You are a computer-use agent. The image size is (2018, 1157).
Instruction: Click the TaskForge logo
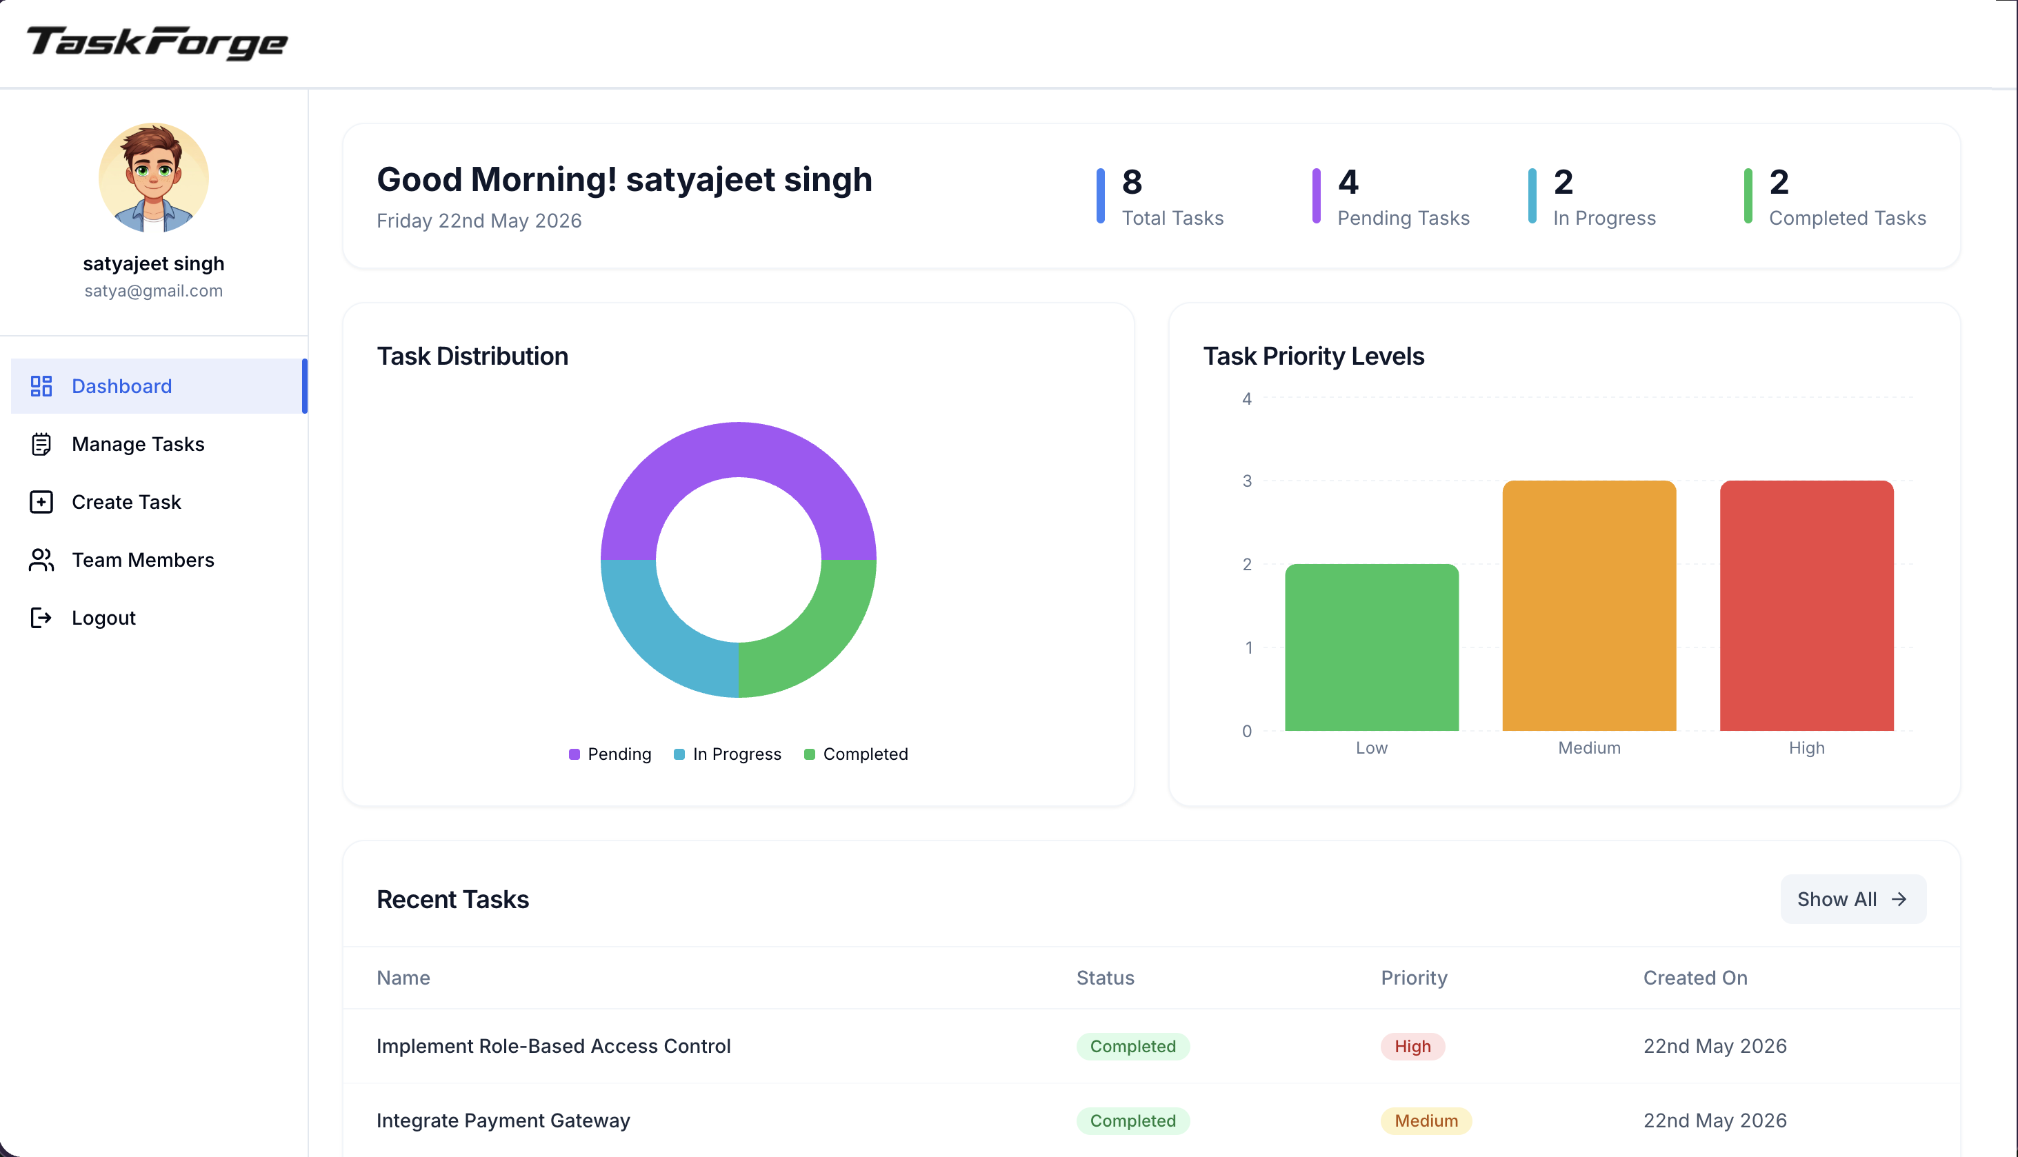pyautogui.click(x=157, y=43)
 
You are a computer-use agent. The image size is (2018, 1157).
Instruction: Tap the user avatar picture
pyautogui.click(x=153, y=177)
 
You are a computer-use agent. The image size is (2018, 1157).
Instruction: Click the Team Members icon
pyautogui.click(x=41, y=560)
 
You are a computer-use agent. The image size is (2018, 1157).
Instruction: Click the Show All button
pyautogui.click(x=1852, y=900)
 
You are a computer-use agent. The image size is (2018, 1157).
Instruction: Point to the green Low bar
pyautogui.click(x=1372, y=647)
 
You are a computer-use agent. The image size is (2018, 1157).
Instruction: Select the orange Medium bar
pyautogui.click(x=1590, y=605)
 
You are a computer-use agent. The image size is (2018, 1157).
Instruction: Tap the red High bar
pyautogui.click(x=1806, y=605)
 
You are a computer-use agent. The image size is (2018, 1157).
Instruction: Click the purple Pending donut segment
pyautogui.click(x=739, y=450)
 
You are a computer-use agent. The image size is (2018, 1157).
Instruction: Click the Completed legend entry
pyautogui.click(x=856, y=754)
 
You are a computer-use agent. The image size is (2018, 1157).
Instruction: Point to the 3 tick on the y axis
pyautogui.click(x=1247, y=481)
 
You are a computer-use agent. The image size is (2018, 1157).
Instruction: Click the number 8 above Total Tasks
pyautogui.click(x=1132, y=182)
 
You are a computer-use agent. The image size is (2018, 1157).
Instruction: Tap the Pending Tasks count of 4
pyautogui.click(x=1348, y=182)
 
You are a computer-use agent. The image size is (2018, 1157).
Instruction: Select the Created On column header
pyautogui.click(x=1695, y=978)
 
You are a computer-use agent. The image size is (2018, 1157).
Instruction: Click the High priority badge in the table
pyautogui.click(x=1412, y=1047)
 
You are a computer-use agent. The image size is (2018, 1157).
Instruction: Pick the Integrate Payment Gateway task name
pyautogui.click(x=503, y=1120)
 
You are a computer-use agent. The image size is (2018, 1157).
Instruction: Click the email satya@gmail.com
pyautogui.click(x=153, y=291)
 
